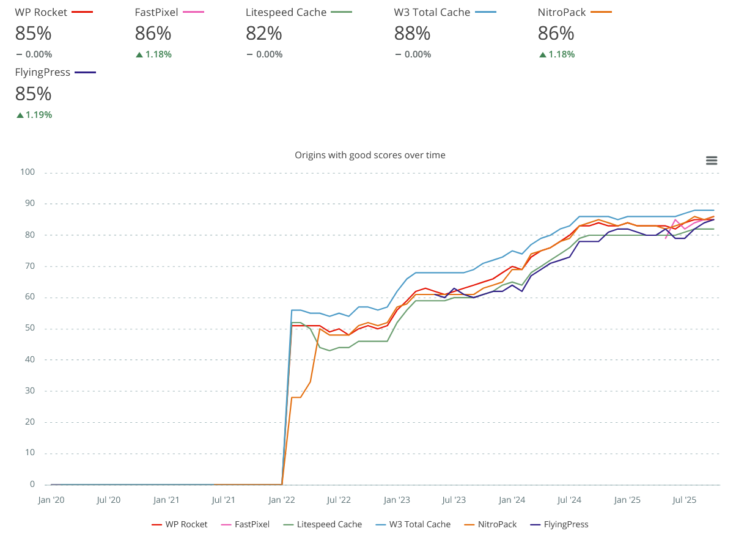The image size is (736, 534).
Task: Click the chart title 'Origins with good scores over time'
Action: (x=370, y=155)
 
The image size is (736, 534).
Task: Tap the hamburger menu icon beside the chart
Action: (x=711, y=161)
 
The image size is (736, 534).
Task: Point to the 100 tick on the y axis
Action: (x=28, y=172)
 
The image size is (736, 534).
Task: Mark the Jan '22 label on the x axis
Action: (x=282, y=500)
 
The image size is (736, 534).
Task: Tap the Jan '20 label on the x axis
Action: (x=51, y=500)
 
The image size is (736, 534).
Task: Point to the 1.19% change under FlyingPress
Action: (x=39, y=114)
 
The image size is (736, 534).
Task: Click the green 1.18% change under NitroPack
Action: (x=562, y=54)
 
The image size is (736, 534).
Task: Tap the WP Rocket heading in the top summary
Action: (x=41, y=12)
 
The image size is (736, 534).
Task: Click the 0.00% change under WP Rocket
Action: (x=39, y=54)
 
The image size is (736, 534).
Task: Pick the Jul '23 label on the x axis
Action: (x=454, y=500)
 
